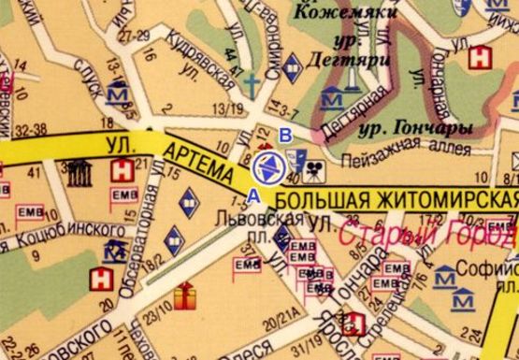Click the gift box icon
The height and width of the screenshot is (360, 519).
185,296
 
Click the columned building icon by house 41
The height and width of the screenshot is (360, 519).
78,172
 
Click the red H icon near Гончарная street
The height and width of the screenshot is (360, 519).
481,56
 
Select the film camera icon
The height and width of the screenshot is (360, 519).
319,170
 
